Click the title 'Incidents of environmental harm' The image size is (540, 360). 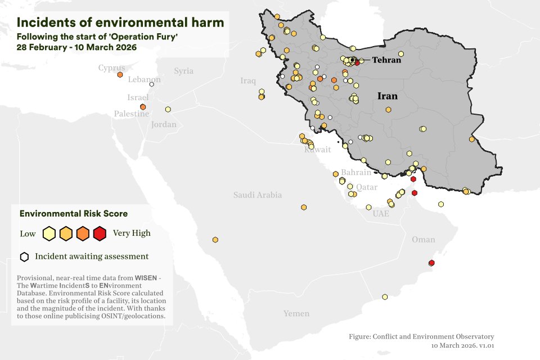point(120,22)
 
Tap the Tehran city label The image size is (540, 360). point(386,60)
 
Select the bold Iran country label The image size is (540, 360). point(387,96)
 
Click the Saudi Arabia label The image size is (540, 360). point(258,195)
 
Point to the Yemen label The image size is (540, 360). point(296,313)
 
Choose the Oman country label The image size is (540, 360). point(423,240)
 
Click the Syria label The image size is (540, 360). point(183,71)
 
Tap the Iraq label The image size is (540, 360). point(248,81)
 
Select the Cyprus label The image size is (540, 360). point(111,68)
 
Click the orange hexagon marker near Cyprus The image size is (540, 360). point(120,74)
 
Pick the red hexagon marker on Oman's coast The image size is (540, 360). point(431,263)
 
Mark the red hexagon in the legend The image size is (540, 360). point(100,233)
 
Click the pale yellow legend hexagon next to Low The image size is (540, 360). point(49,233)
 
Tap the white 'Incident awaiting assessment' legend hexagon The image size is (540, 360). point(24,257)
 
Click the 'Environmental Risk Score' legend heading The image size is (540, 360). point(73,214)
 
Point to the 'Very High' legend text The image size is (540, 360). point(132,233)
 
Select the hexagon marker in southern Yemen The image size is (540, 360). point(385,296)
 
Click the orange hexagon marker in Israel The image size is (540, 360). point(143,106)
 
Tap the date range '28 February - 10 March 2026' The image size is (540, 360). point(76,47)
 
